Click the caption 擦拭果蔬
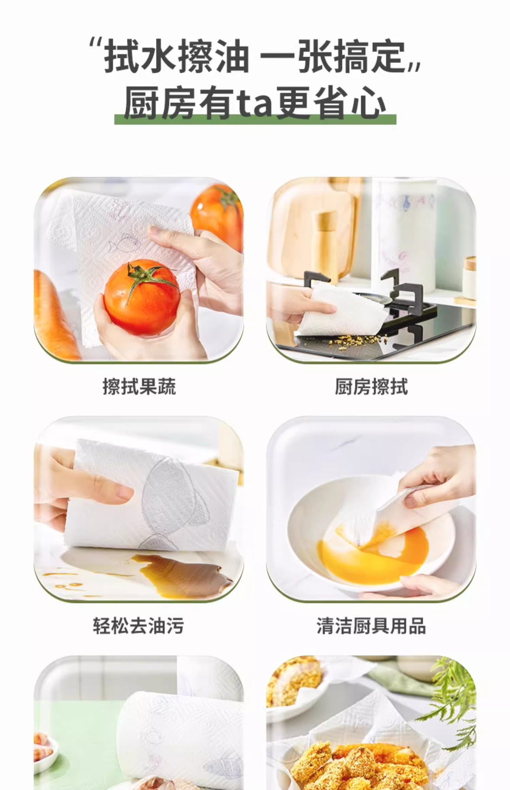[139, 387]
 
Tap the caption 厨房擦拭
[371, 387]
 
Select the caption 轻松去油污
[138, 626]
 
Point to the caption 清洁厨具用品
[371, 626]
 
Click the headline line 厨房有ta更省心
[255, 103]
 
